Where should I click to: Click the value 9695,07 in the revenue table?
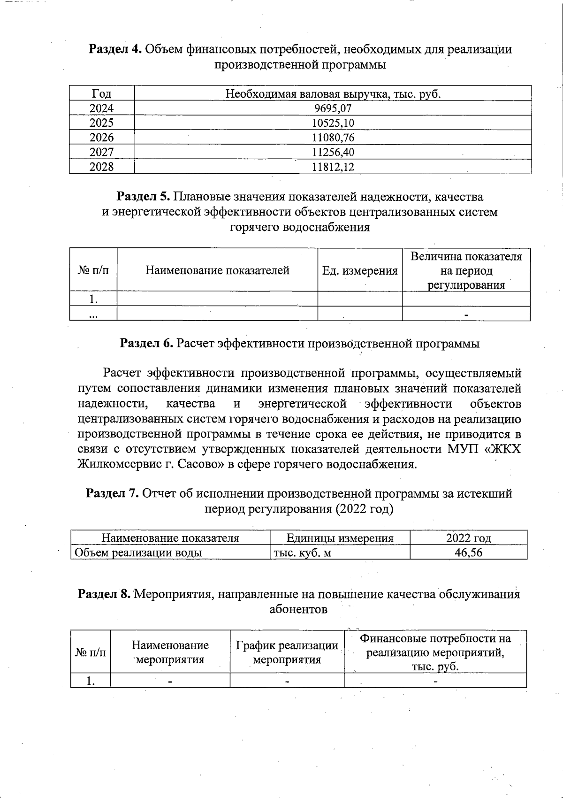point(333,109)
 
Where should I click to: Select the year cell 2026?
point(101,138)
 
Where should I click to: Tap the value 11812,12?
point(333,167)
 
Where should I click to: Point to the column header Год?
point(101,93)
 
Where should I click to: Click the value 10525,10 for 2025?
point(333,123)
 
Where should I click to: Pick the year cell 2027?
point(101,152)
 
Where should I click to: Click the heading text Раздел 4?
point(115,49)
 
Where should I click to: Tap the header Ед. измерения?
point(360,270)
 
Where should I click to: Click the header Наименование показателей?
point(217,270)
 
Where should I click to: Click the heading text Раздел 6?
point(146,344)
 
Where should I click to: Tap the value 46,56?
point(468,552)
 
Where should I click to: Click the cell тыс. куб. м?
point(302,552)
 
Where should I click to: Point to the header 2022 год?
point(468,538)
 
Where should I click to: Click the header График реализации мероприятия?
point(287,652)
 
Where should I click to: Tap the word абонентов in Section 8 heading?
point(298,609)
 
